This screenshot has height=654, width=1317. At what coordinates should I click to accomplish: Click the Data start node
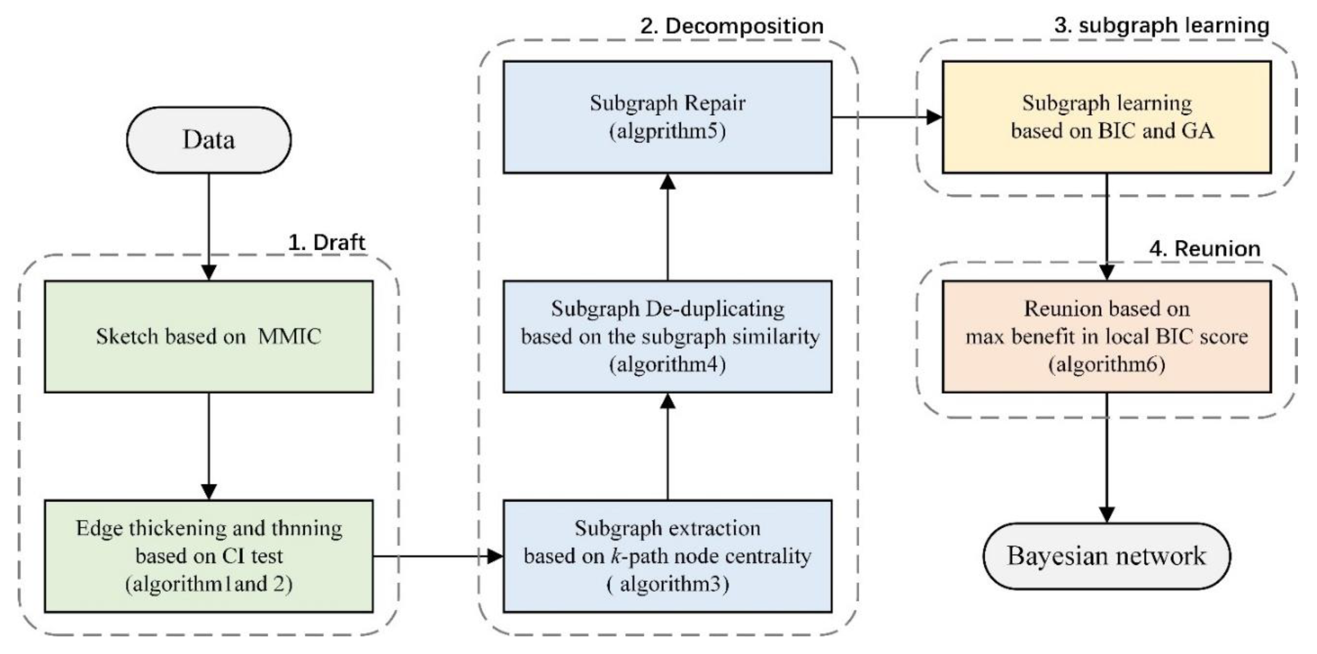click(209, 140)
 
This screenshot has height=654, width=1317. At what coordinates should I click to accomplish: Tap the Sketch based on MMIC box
click(209, 336)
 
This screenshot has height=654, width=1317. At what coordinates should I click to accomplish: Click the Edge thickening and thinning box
click(209, 556)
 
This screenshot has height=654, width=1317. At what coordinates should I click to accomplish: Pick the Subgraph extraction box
click(667, 556)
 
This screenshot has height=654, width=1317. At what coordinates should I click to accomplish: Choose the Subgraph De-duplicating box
click(667, 336)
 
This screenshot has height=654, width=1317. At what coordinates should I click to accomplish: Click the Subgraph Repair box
click(667, 117)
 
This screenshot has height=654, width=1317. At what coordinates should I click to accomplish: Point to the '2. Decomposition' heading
click(732, 26)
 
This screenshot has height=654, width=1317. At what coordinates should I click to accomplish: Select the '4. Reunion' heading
click(1204, 249)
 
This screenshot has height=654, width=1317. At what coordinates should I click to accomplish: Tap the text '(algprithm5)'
click(667, 131)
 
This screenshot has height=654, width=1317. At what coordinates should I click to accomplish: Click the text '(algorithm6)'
click(1106, 364)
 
